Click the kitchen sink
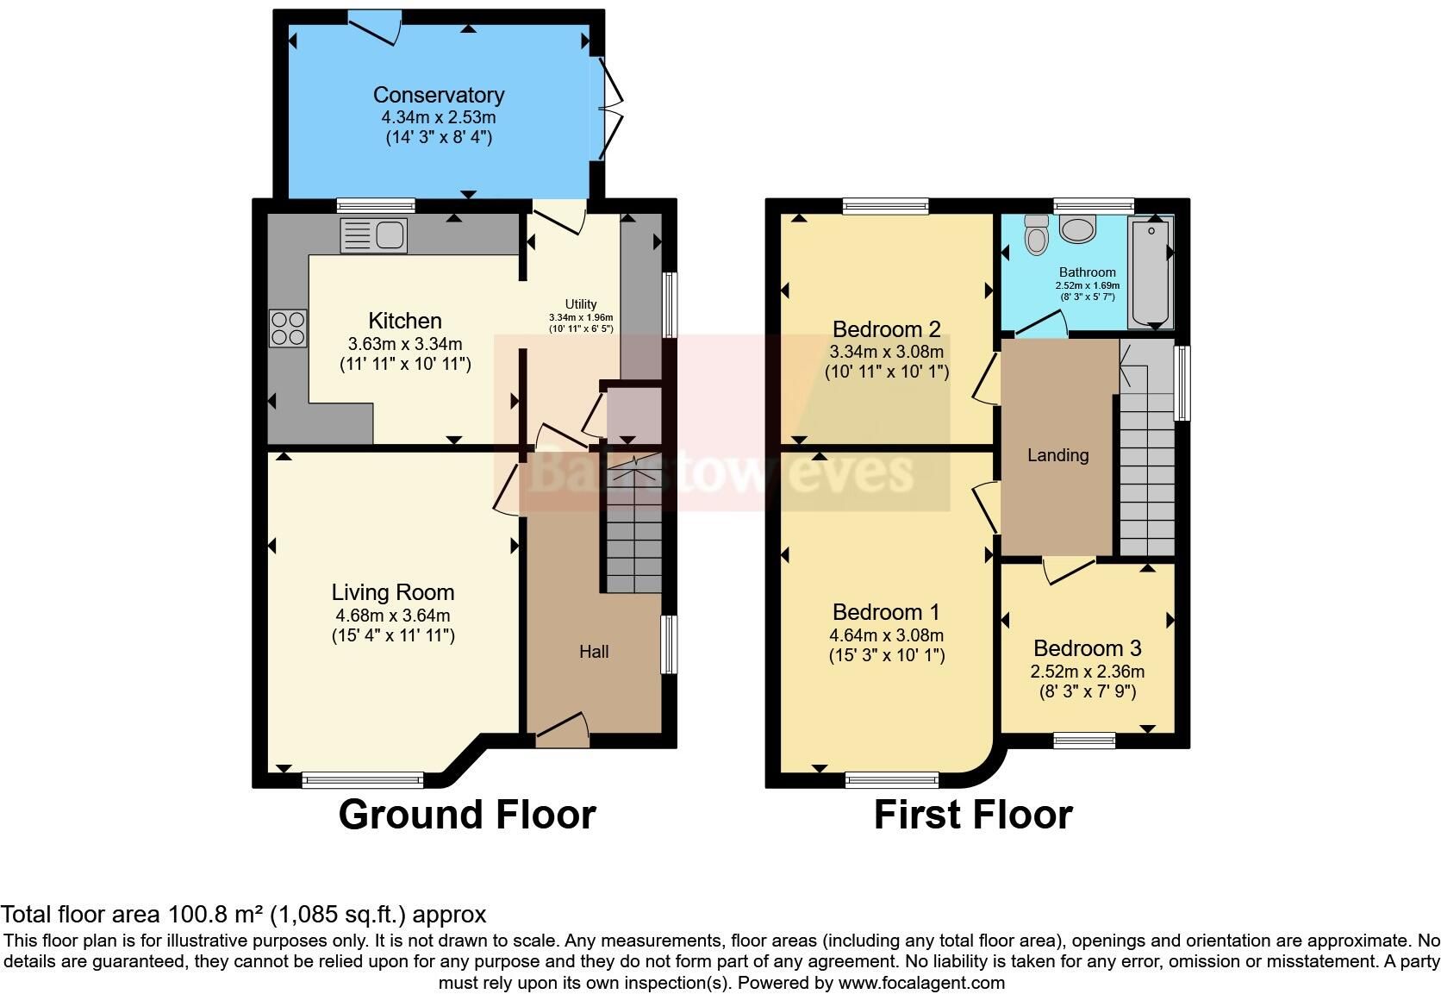tap(373, 234)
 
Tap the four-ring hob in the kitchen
tap(288, 328)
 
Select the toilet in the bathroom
tap(1036, 234)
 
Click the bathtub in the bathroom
tap(1151, 272)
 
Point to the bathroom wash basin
tap(1077, 229)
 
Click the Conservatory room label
tap(439, 95)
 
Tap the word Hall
tap(594, 652)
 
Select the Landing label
tap(1057, 455)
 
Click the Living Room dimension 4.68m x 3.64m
tap(392, 615)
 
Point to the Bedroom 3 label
tap(1087, 648)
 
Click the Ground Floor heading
tap(467, 815)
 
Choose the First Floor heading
tap(973, 815)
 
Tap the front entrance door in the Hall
tap(563, 729)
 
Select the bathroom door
tap(1041, 323)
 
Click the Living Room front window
tap(363, 779)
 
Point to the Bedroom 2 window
tap(886, 206)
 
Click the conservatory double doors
tap(611, 108)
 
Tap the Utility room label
tap(581, 304)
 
